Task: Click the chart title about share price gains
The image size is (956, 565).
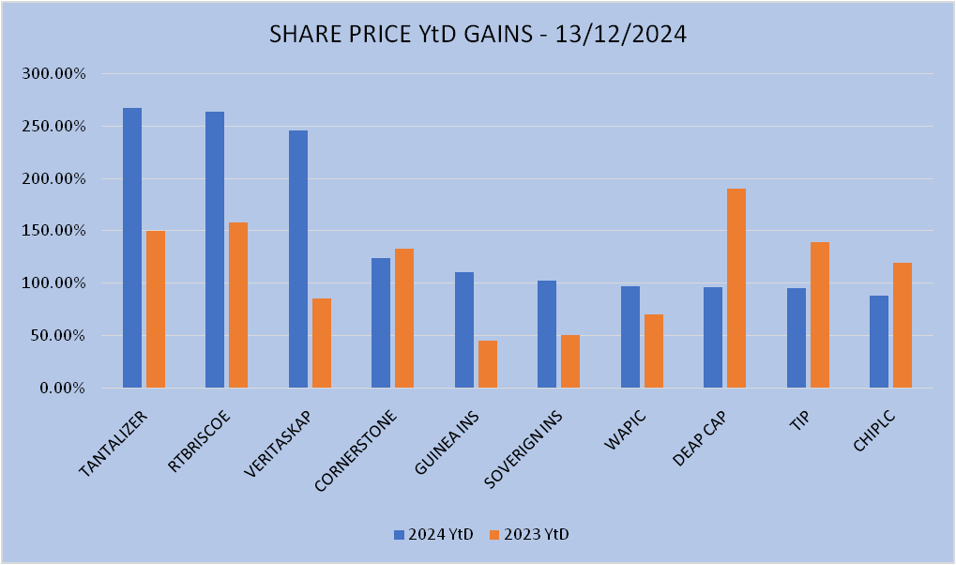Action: point(478,35)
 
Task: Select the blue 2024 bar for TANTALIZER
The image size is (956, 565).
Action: point(132,248)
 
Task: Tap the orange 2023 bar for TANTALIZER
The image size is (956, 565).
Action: point(156,309)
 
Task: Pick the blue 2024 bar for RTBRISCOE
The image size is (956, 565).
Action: point(215,250)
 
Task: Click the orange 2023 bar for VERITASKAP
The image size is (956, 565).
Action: point(322,343)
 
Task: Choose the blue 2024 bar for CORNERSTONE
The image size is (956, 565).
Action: point(381,323)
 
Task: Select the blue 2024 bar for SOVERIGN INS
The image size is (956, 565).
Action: point(547,334)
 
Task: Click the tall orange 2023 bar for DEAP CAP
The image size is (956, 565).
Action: point(736,288)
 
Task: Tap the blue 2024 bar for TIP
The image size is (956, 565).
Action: point(797,338)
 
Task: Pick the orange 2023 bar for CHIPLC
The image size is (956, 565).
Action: point(903,325)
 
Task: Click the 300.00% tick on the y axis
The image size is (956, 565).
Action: point(53,73)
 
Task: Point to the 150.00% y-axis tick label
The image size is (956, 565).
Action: point(53,231)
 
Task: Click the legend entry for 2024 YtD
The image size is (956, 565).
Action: point(433,534)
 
